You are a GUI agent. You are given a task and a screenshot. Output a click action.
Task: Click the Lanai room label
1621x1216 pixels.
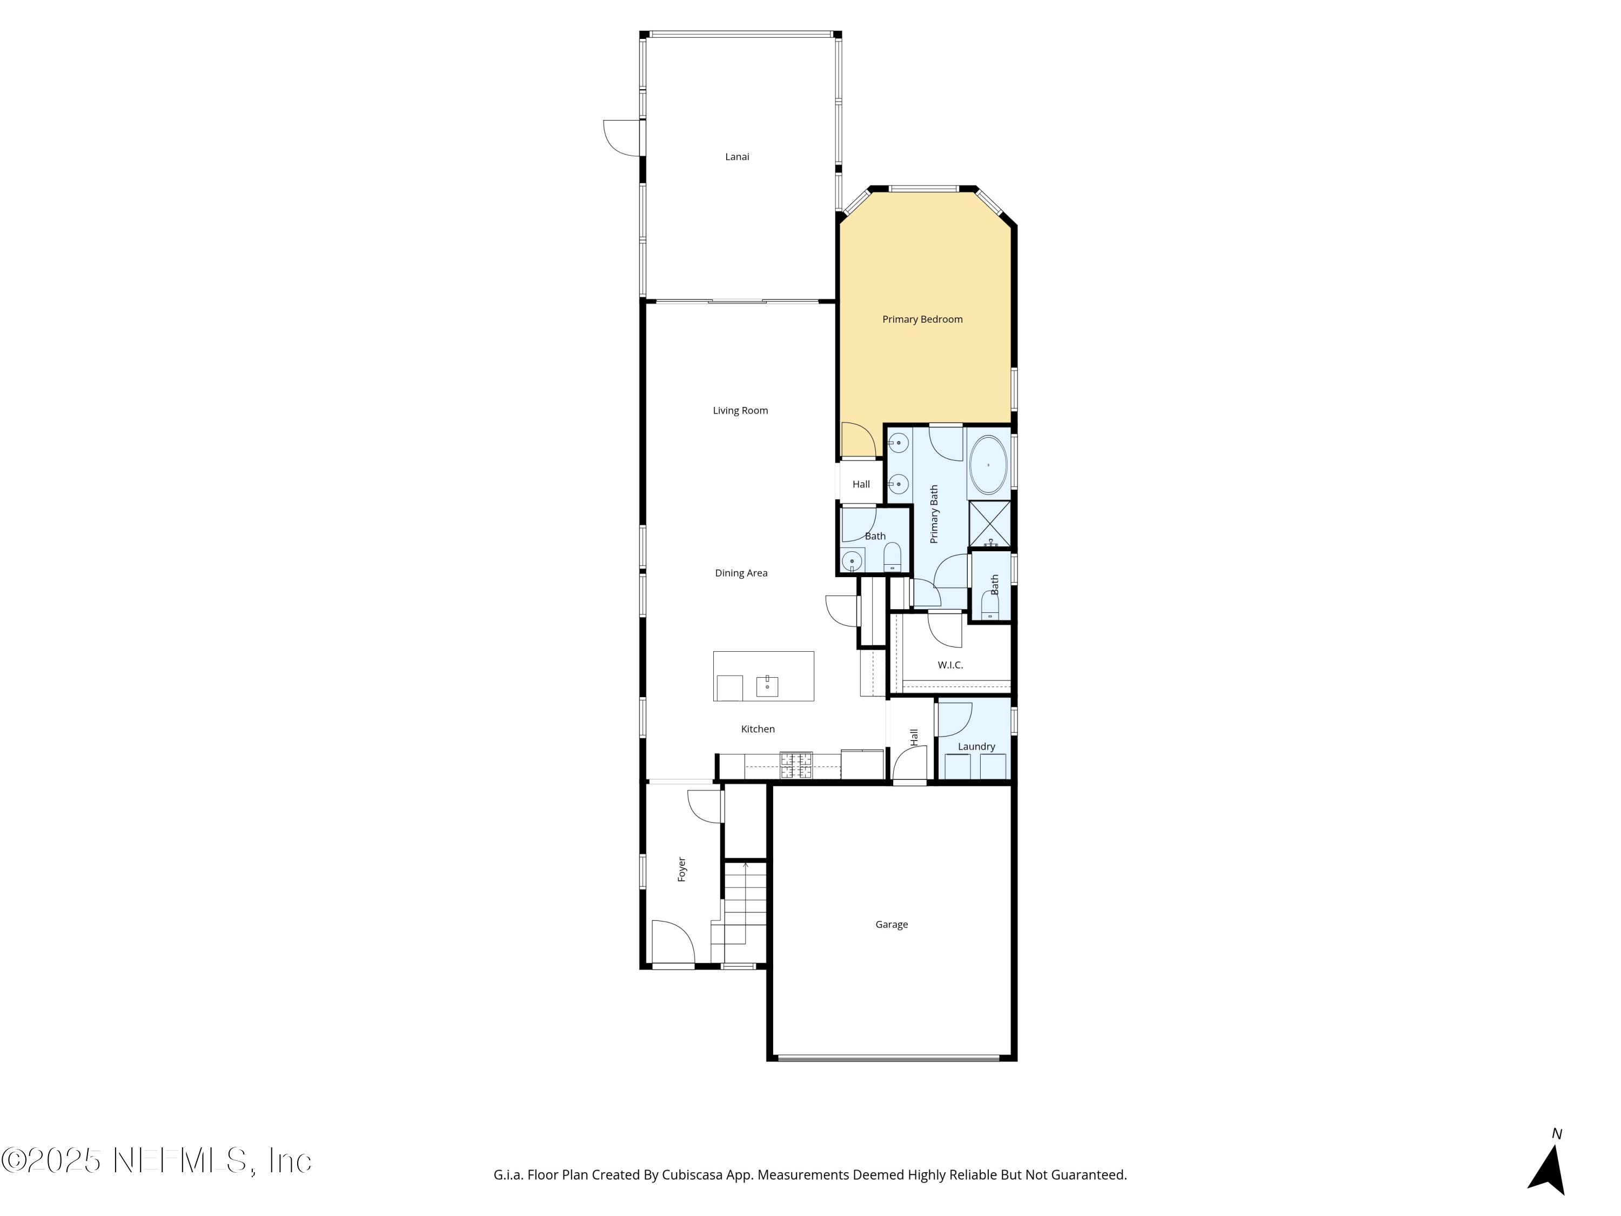click(736, 157)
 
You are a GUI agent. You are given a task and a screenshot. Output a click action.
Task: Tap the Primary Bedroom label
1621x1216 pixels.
click(922, 319)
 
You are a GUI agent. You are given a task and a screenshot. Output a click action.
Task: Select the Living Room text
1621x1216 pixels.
click(740, 410)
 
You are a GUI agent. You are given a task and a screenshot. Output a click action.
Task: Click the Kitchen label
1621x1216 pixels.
click(757, 729)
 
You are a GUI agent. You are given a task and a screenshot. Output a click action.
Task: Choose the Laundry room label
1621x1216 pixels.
click(976, 747)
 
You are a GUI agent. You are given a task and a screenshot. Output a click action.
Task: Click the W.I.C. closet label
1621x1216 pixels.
click(950, 665)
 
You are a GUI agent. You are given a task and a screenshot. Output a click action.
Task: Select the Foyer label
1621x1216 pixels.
click(681, 869)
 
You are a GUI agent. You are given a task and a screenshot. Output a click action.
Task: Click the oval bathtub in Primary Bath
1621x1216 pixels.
click(988, 465)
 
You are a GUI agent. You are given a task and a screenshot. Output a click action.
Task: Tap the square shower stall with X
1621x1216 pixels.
click(989, 523)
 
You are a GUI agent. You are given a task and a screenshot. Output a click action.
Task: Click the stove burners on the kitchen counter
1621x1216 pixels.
click(796, 765)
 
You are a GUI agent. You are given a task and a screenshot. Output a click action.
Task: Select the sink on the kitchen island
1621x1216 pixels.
click(767, 686)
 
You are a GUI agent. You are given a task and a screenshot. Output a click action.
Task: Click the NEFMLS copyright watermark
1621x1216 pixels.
click(156, 1161)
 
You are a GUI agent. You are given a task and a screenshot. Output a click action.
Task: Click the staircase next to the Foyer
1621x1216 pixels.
click(744, 909)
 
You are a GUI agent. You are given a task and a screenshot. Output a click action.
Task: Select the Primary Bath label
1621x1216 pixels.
click(934, 514)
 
